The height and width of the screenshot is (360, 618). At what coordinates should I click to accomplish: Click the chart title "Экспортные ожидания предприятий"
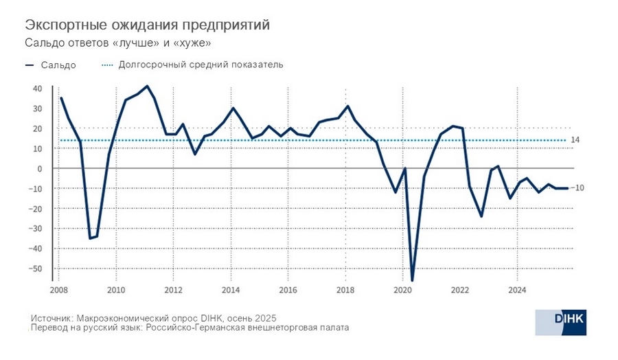147,25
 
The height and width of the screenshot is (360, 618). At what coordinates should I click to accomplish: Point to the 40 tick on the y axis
37,89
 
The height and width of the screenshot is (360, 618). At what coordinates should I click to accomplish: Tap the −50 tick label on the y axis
36,269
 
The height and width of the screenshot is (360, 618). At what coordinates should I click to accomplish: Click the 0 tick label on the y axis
39,168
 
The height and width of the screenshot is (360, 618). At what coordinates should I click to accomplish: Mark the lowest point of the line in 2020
412,280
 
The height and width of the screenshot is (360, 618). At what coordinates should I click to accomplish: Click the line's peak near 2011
148,86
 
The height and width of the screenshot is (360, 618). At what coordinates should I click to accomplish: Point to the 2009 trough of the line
89,238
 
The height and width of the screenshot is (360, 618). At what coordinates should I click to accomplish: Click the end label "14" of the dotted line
575,140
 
